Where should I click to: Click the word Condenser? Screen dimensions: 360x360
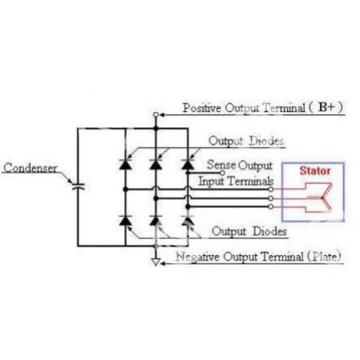(x=31, y=168)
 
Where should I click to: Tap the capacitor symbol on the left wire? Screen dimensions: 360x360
(x=78, y=187)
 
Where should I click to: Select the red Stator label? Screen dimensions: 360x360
(x=315, y=171)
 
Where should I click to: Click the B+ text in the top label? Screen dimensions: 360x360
(x=326, y=107)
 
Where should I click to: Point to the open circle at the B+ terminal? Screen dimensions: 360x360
(x=156, y=114)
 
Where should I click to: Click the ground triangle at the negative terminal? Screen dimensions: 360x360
(x=156, y=261)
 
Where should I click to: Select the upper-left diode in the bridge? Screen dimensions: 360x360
(x=125, y=164)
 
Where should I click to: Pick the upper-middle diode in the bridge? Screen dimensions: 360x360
(x=156, y=164)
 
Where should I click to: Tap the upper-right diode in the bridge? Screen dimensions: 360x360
(x=188, y=164)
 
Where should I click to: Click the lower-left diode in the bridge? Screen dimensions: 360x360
(x=125, y=221)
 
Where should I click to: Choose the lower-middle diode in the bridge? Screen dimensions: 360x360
(x=156, y=221)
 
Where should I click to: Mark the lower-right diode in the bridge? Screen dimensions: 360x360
(x=188, y=221)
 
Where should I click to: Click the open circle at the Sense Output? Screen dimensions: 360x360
(x=222, y=173)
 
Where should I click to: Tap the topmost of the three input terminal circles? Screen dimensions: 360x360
(x=271, y=189)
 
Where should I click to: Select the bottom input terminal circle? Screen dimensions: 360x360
(x=271, y=207)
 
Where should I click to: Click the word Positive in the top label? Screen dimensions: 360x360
(x=202, y=108)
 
